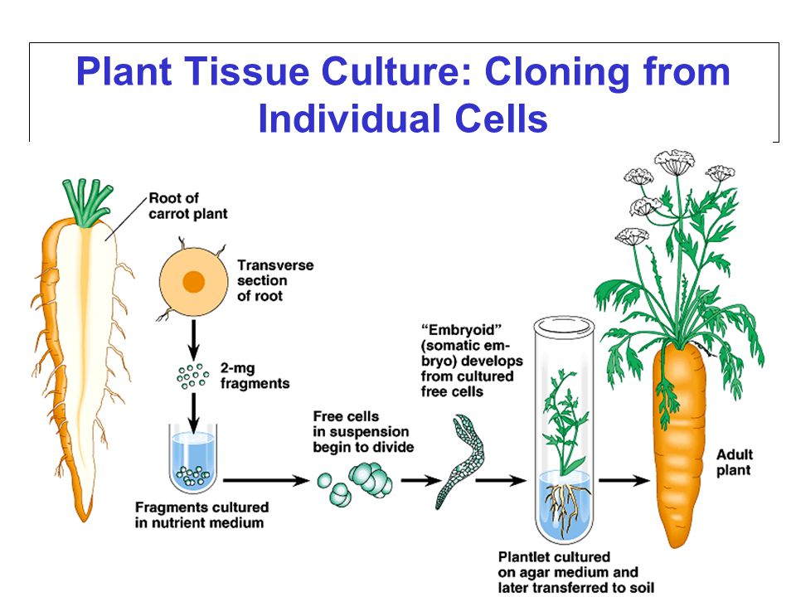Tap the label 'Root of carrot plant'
click(x=188, y=206)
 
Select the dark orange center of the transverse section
click(x=193, y=282)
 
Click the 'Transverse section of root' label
click(x=275, y=280)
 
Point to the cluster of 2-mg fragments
click(x=192, y=376)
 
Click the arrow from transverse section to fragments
click(x=193, y=338)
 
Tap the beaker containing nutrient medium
click(x=193, y=459)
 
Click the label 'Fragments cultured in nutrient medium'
click(x=201, y=515)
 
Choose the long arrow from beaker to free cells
click(x=266, y=480)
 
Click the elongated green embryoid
click(x=460, y=460)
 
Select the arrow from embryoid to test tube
click(x=501, y=480)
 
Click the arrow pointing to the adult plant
click(x=624, y=480)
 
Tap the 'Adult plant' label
click(x=734, y=462)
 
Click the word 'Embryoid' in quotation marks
click(x=462, y=330)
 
